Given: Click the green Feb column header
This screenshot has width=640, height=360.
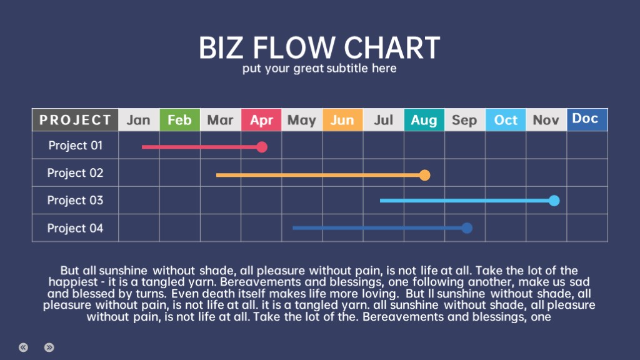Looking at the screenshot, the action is tap(179, 120).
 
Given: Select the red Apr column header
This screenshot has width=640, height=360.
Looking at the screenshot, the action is tap(261, 120).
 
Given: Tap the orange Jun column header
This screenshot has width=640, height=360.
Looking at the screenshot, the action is tap(342, 120).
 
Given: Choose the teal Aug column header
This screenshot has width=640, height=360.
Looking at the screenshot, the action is tap(424, 120).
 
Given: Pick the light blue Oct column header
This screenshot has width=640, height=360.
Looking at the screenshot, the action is tap(506, 120).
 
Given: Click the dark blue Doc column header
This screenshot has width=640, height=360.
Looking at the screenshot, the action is tap(587, 119).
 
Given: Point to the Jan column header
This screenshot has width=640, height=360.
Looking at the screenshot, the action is tap(139, 120).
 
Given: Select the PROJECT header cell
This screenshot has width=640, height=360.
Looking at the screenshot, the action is tap(75, 120).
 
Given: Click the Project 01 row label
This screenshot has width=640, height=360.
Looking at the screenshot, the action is tap(76, 145).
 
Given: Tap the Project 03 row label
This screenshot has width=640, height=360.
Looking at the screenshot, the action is tap(76, 201).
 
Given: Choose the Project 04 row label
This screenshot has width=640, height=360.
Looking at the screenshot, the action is tap(76, 228).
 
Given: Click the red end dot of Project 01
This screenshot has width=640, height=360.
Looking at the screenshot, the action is tap(262, 147).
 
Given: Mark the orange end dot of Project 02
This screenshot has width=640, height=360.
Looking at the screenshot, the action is tap(425, 175).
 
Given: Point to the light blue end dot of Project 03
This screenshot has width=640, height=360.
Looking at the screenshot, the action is tap(554, 201).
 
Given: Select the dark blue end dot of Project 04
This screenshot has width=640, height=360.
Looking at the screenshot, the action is tap(467, 228).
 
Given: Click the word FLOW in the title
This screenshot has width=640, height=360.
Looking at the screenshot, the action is tap(295, 47).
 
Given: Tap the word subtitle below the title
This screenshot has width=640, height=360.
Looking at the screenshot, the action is tap(347, 68).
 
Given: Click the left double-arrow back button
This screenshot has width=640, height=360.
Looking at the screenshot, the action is tap(23, 347).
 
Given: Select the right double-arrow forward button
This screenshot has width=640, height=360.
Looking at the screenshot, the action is tap(49, 347).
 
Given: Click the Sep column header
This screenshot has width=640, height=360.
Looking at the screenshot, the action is tap(465, 120).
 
